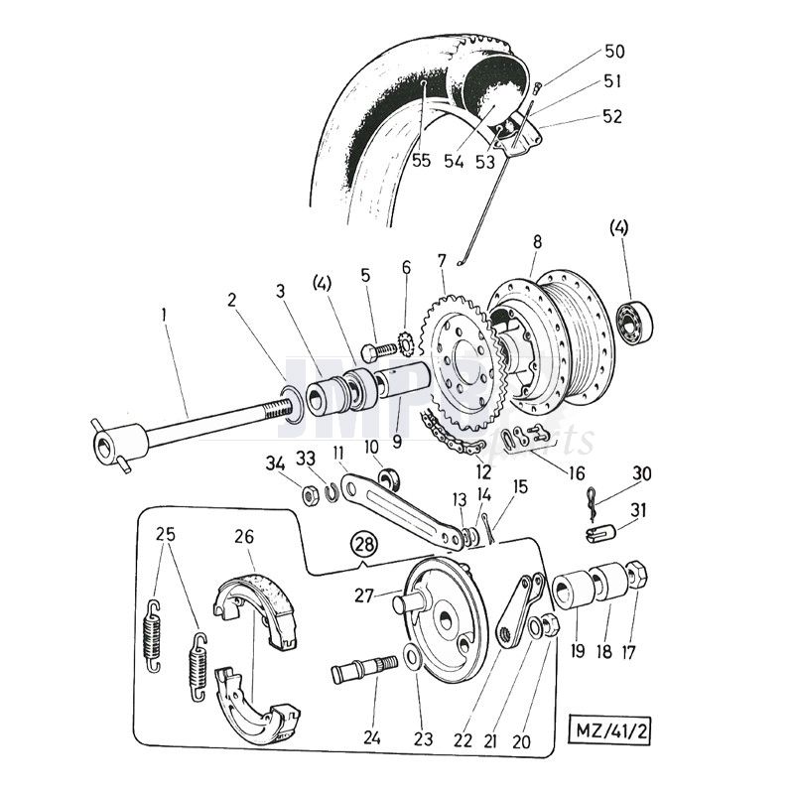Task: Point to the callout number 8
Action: coord(537,241)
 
